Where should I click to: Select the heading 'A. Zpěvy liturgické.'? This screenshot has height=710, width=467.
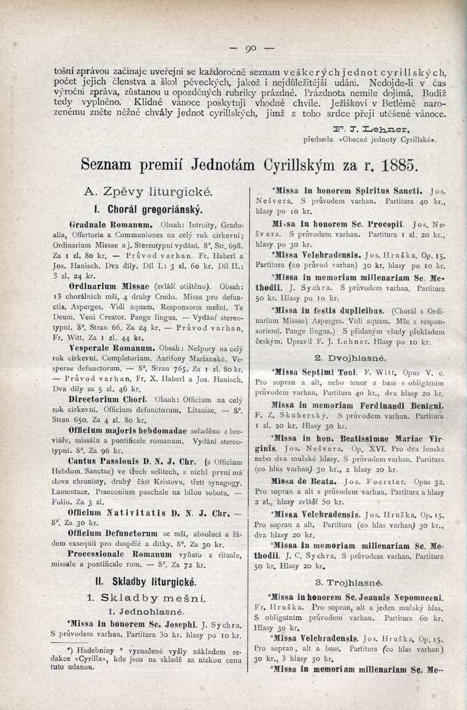pos(149,190)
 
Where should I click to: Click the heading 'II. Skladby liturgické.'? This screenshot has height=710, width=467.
pos(148,582)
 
